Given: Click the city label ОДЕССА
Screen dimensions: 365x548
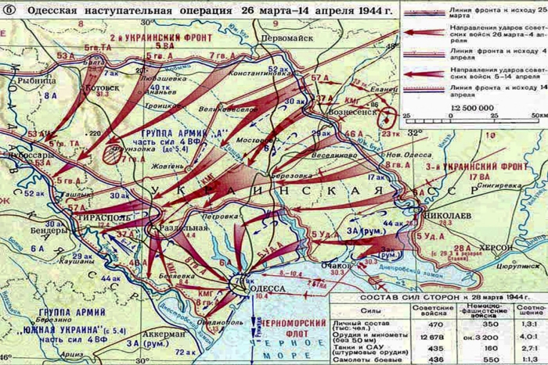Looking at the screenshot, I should coord(269,288).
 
